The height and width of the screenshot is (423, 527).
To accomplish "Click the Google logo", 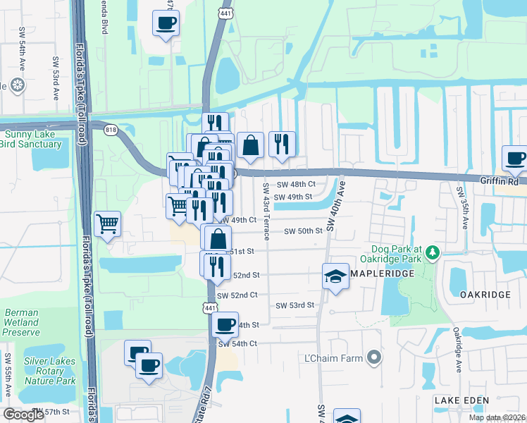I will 24,415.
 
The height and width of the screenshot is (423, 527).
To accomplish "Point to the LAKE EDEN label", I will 457,400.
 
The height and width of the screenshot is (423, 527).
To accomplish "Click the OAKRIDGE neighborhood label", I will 484,293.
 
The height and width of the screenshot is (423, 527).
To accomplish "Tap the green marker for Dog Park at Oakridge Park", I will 433,252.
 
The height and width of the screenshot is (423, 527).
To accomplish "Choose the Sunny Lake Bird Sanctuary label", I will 32,139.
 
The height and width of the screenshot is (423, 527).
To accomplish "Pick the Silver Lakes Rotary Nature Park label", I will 49,371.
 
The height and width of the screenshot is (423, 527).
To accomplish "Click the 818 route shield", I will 111,131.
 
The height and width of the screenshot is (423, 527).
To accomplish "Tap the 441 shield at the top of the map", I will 225,13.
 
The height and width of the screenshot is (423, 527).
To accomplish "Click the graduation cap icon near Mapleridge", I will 336,276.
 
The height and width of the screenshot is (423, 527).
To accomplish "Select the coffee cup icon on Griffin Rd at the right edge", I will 514,158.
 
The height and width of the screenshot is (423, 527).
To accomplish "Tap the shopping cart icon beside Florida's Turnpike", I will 107,224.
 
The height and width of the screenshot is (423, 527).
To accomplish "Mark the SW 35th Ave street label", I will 463,209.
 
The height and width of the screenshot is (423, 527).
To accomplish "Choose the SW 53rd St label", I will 294,305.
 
